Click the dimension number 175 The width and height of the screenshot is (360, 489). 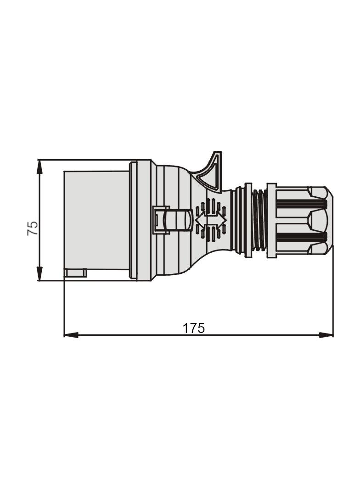coord(193,328)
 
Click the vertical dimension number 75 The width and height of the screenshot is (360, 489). coord(33,228)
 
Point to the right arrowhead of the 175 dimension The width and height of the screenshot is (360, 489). coord(326,335)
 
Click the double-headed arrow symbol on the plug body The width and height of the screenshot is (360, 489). coord(211,220)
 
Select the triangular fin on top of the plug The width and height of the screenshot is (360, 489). coord(212,172)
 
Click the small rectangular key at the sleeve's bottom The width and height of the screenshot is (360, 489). coord(76,273)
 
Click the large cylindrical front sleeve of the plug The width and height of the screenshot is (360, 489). coord(96,220)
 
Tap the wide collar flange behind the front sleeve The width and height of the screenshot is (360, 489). coord(140,220)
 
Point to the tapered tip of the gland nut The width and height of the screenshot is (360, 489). coord(327,220)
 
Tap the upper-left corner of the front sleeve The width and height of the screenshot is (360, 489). coord(64,172)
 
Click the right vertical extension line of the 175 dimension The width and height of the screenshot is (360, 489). coord(333,294)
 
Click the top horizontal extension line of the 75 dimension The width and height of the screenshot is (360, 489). coord(83,160)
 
